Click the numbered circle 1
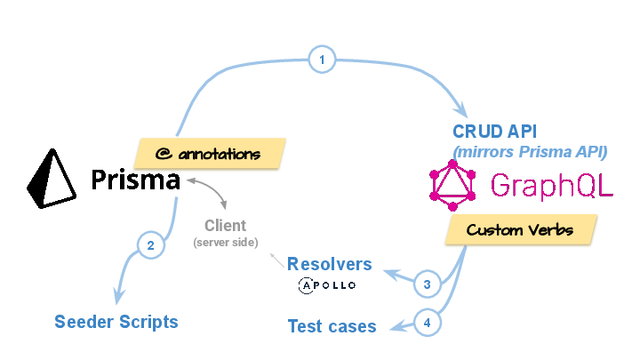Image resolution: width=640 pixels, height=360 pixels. (322, 60)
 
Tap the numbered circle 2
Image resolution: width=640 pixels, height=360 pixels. (150, 244)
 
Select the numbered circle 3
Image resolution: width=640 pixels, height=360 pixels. (428, 284)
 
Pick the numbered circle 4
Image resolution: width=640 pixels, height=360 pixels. (428, 323)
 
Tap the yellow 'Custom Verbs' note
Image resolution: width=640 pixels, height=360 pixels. (520, 230)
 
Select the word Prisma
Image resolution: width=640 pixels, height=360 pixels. (136, 181)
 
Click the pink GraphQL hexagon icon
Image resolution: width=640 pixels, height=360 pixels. (452, 184)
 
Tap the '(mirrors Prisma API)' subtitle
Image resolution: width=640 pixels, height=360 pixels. (531, 151)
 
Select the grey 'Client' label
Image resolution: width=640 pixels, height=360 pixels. (225, 226)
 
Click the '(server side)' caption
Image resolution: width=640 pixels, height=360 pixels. (226, 243)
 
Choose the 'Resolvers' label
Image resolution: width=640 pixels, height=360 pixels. (329, 264)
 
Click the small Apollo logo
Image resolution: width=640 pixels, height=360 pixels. (327, 285)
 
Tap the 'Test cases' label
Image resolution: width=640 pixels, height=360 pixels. (332, 326)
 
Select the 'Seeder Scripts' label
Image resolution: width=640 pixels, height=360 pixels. (116, 321)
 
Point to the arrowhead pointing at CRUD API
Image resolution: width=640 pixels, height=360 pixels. (461, 111)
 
